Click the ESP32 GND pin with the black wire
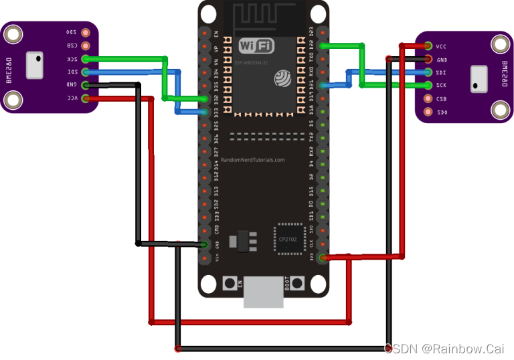[205, 244]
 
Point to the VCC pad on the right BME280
[428, 46]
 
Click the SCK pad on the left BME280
[85, 59]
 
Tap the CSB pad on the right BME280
[428, 98]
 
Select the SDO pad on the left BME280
[85, 32]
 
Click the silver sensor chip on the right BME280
[480, 78]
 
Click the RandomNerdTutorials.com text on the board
[252, 160]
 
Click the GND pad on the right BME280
[428, 59]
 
